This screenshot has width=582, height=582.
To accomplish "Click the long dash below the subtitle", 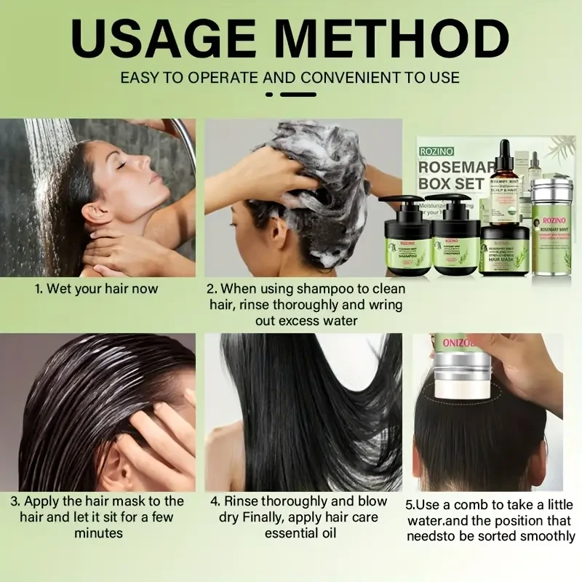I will tap(298, 94).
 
